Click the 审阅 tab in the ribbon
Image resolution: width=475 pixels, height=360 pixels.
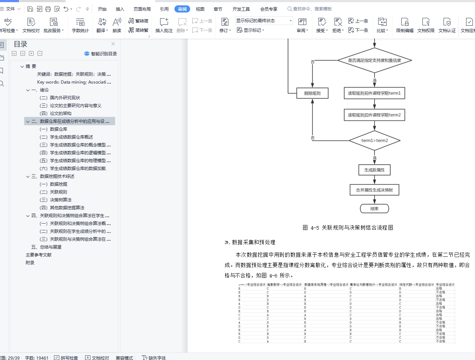point(182,9)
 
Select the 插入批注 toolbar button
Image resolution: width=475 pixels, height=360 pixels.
point(164,25)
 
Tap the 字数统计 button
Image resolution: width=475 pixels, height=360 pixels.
point(80,25)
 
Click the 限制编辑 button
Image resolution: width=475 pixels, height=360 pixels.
point(405,25)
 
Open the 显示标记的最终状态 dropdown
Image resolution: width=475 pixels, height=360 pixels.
point(264,21)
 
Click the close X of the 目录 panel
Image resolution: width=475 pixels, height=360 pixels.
point(113,44)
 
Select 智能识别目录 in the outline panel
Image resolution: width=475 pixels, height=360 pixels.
point(100,54)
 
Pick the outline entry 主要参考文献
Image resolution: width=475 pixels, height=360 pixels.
point(39,255)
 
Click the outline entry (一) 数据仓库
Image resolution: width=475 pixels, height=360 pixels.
point(54,129)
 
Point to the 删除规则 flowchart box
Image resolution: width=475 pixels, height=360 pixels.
point(312,94)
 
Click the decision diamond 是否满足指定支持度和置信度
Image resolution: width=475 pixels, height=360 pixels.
point(375,60)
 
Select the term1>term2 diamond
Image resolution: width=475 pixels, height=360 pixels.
point(375,141)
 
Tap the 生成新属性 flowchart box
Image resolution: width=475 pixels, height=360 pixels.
point(375,170)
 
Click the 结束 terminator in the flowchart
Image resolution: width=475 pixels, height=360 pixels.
point(375,209)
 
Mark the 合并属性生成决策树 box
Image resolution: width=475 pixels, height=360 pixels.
point(375,190)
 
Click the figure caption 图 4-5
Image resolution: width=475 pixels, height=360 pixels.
point(348,227)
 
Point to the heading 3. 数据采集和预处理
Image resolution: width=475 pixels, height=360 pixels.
point(250,242)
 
